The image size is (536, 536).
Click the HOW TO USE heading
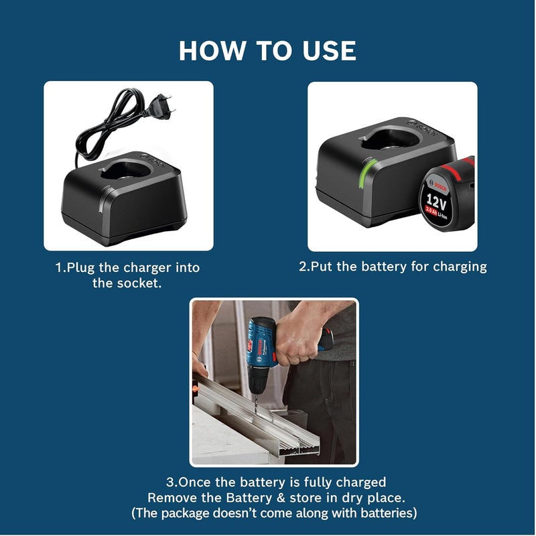267,51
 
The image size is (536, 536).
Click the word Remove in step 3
169,498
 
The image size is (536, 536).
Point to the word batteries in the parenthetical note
389,513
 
